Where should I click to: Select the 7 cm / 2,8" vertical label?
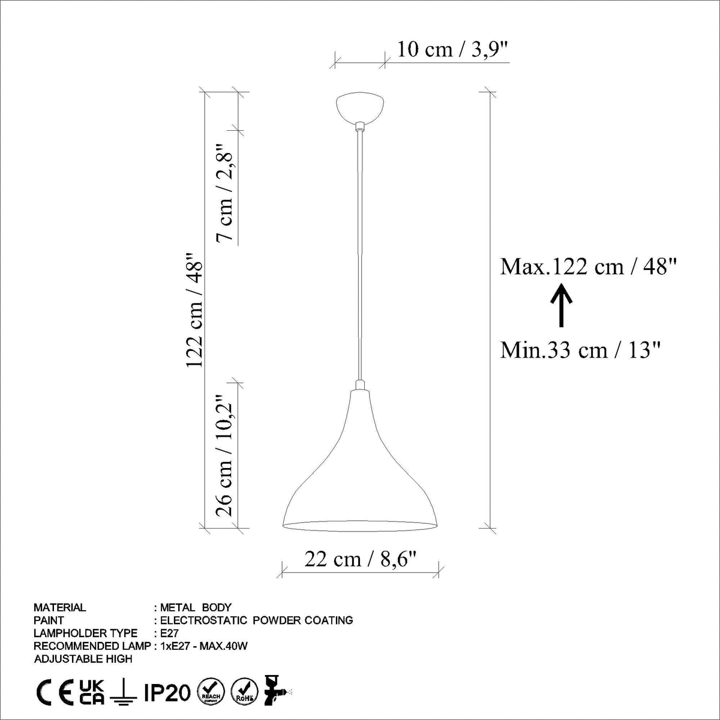226,193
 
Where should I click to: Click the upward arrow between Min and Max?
562,306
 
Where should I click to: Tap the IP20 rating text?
167,694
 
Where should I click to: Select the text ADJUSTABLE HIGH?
83,659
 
